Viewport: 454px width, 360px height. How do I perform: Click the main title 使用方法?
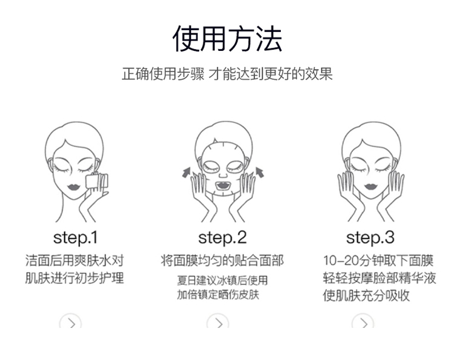(227, 39)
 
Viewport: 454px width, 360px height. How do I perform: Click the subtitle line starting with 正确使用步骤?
(227, 74)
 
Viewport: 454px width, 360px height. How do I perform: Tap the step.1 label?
(75, 238)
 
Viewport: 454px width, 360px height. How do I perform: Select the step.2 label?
(222, 238)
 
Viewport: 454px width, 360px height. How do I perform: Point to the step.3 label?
(370, 238)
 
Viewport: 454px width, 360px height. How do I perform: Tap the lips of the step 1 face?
(73, 186)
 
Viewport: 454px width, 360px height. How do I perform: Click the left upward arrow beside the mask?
(186, 172)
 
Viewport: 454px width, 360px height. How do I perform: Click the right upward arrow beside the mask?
(260, 172)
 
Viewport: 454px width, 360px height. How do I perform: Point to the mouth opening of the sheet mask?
(223, 185)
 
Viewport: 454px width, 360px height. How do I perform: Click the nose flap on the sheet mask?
(223, 174)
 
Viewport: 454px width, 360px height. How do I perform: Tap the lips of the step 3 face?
(371, 186)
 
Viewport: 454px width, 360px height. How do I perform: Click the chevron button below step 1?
(70, 322)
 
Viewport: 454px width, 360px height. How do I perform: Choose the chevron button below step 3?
(363, 322)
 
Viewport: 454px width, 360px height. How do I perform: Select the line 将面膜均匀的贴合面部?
(222, 260)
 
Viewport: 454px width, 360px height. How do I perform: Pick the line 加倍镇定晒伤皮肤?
(218, 295)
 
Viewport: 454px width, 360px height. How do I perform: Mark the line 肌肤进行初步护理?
(74, 278)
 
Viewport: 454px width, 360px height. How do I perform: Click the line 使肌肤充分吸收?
(366, 295)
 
